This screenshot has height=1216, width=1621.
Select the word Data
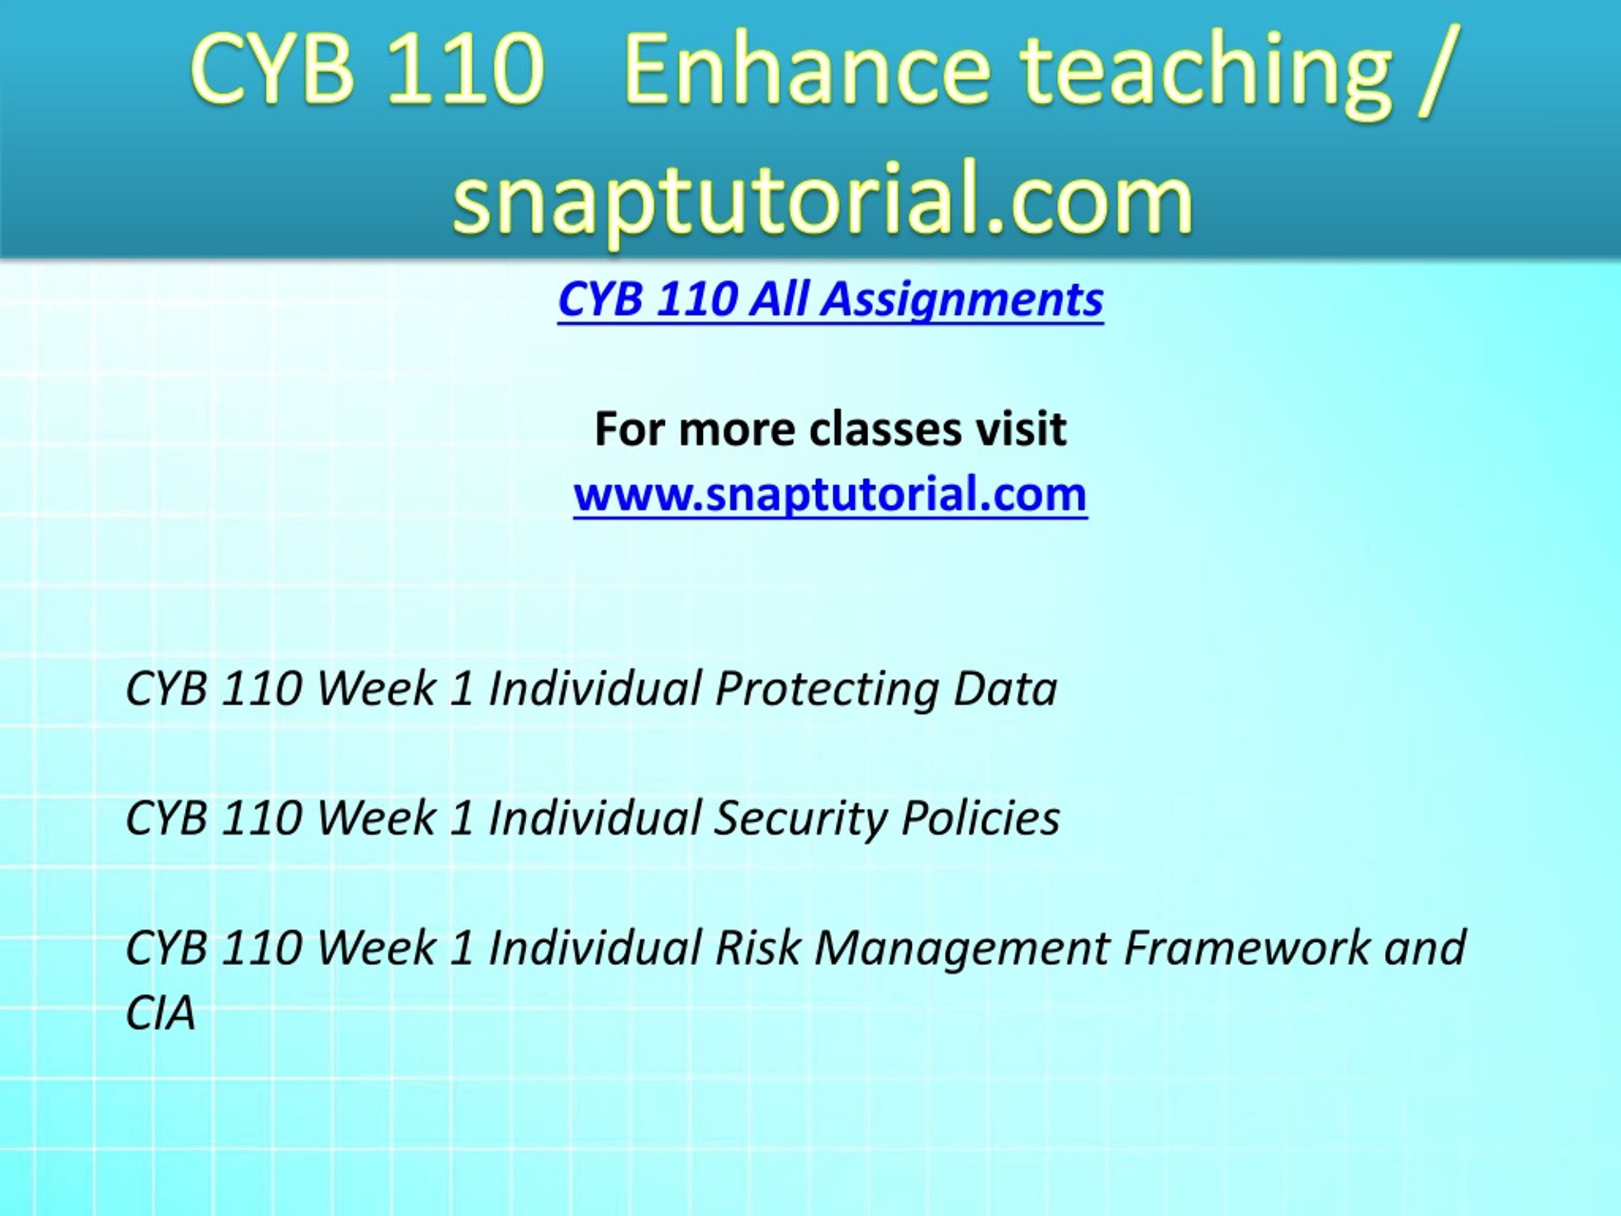pos(1006,689)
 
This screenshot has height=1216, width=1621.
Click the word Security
pos(800,819)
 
